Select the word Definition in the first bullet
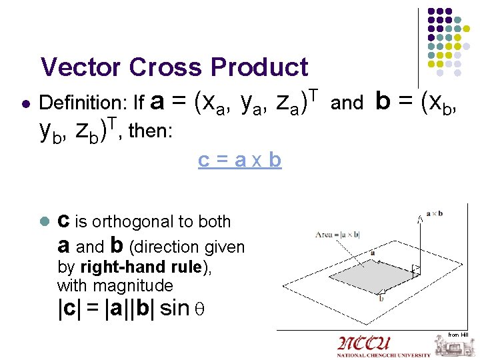[x=84, y=103]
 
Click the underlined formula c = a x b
[x=239, y=161]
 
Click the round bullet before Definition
[x=24, y=104]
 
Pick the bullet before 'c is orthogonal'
[x=44, y=222]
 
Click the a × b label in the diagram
[x=433, y=213]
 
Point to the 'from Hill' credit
[x=458, y=334]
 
